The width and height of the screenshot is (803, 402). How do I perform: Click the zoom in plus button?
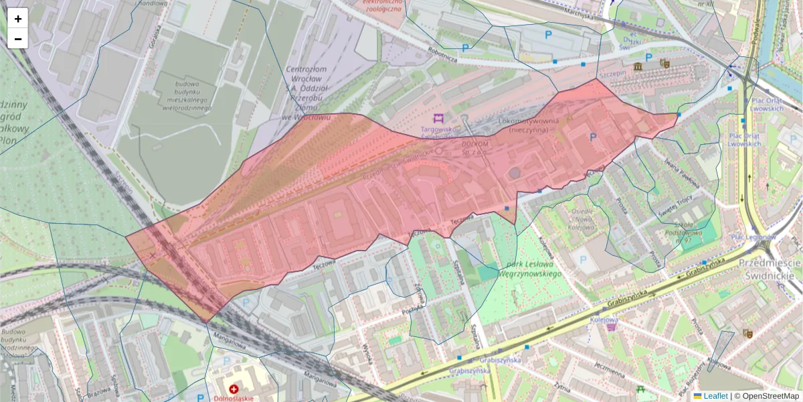pyautogui.click(x=18, y=19)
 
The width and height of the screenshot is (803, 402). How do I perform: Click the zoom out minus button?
pyautogui.click(x=18, y=39)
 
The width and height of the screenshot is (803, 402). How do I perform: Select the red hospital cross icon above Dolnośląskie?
pyautogui.click(x=234, y=389)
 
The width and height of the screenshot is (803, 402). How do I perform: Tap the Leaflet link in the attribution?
pyautogui.click(x=715, y=396)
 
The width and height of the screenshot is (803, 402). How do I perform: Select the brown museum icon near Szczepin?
pyautogui.click(x=638, y=66)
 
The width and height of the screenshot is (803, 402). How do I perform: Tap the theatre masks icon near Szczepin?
pyautogui.click(x=664, y=64)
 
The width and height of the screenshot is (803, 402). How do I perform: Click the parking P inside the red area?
pyautogui.click(x=592, y=137)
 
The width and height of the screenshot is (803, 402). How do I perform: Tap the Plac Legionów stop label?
pyautogui.click(x=753, y=237)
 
